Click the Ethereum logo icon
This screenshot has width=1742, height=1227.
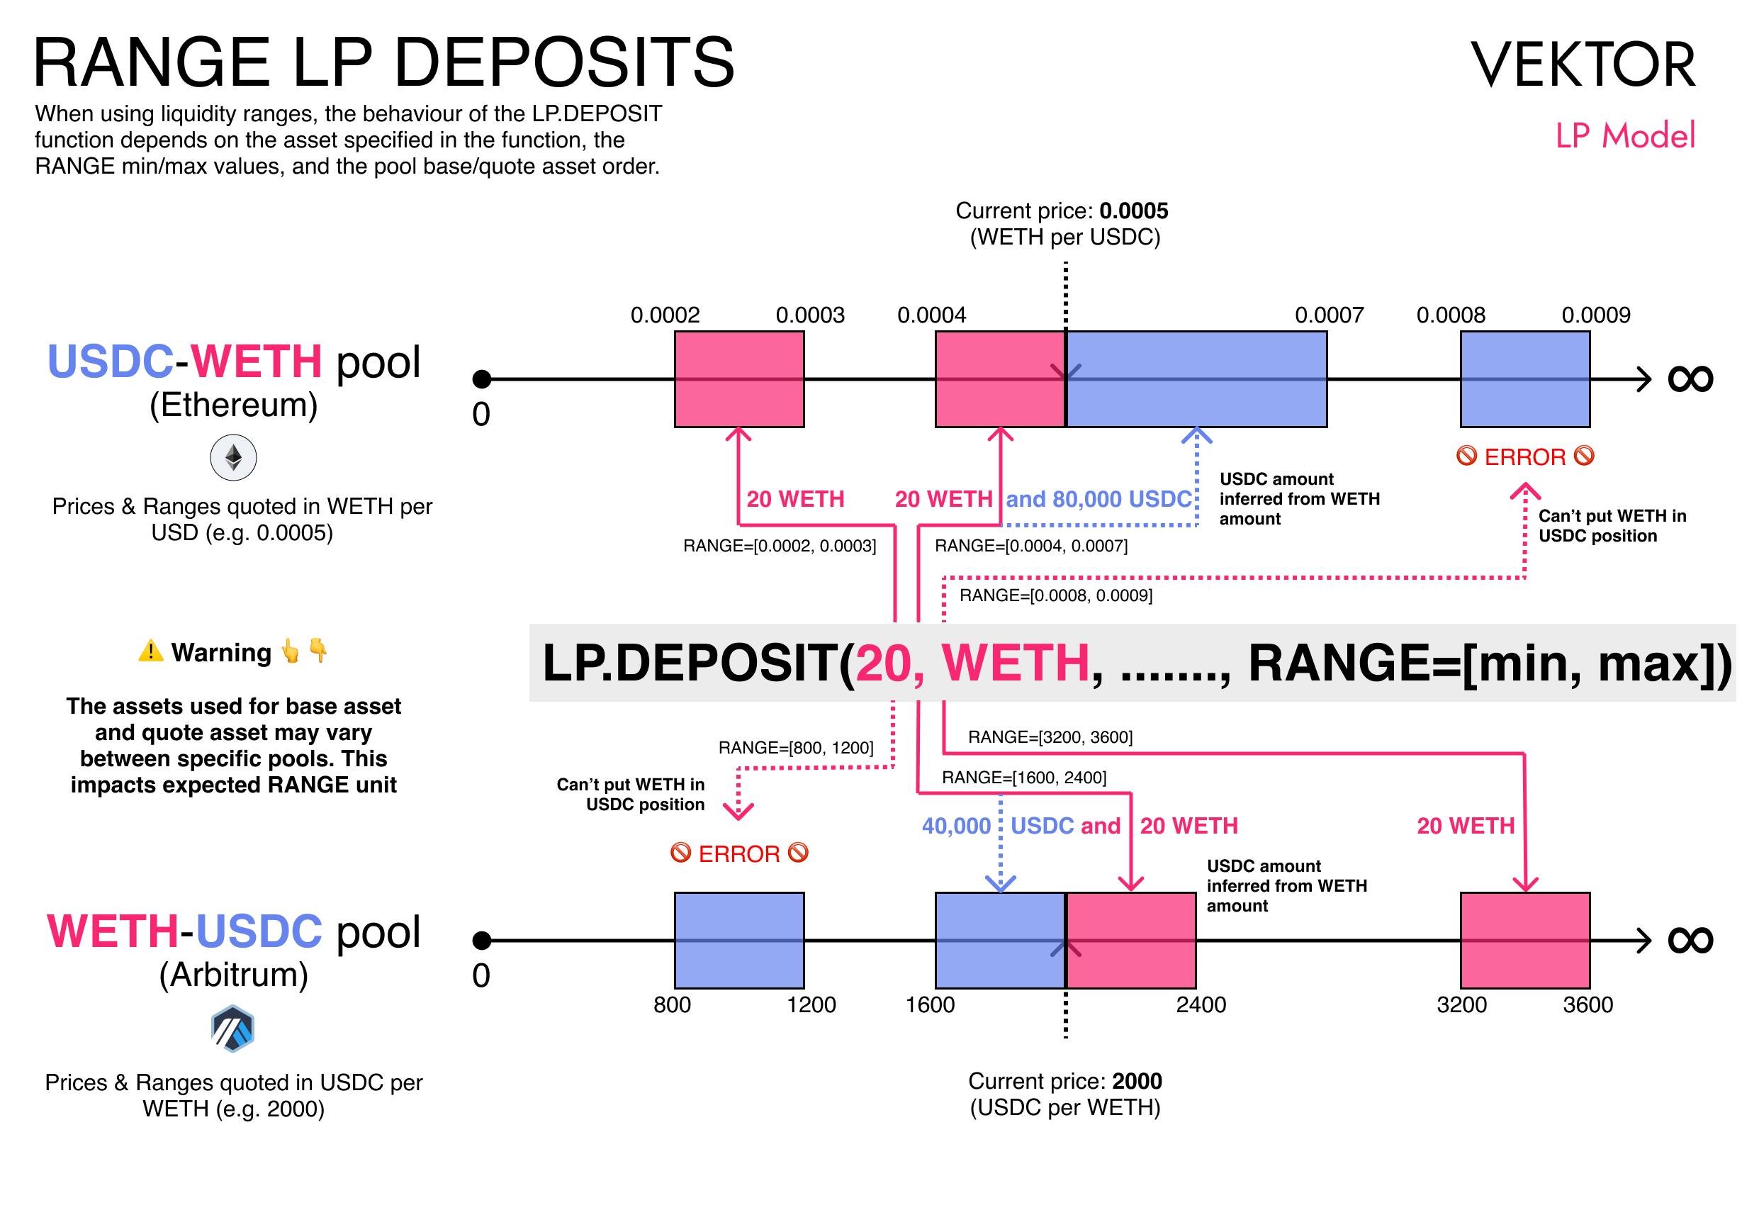233,458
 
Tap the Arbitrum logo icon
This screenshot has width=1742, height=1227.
233,1029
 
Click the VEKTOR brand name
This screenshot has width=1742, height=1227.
1583,65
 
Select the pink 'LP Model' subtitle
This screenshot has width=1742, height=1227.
1624,136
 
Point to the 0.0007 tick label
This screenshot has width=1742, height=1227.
1329,315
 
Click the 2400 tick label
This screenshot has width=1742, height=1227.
1201,1004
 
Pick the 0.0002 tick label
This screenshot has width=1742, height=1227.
665,315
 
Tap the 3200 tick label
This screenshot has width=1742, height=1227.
1461,1004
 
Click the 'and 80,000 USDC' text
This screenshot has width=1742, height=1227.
1098,499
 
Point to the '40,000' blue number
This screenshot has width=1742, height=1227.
956,826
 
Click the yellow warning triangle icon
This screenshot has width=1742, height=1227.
151,651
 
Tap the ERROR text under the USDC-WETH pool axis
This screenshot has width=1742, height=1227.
1525,456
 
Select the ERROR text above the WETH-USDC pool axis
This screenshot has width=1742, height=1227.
739,853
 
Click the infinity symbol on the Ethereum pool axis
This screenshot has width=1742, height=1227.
1690,379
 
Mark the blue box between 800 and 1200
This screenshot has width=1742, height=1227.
739,940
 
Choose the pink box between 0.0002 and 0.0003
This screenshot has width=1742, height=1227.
739,379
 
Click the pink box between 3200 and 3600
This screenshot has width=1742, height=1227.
1525,940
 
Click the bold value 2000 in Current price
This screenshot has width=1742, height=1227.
1137,1081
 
